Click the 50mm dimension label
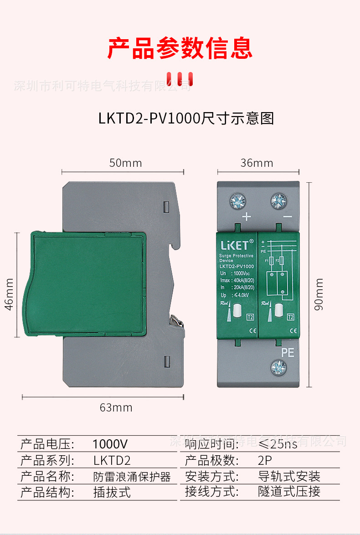[125, 163]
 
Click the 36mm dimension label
[257, 163]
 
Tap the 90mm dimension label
[319, 294]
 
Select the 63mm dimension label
[116, 407]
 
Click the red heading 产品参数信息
[180, 48]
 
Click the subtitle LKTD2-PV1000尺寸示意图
[186, 118]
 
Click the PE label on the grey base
[288, 352]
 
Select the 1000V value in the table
[110, 444]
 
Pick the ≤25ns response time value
[278, 444]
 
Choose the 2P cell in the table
[264, 460]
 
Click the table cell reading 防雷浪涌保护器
[132, 477]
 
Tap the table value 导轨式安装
[289, 477]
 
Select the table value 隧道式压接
[289, 492]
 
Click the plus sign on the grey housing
[247, 217]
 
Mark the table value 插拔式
[112, 492]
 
